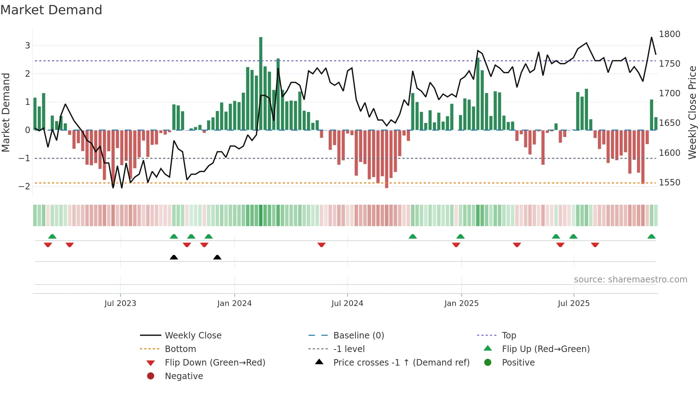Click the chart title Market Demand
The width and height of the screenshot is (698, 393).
click(51, 10)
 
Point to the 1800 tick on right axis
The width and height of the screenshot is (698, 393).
click(669, 34)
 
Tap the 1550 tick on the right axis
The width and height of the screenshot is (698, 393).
click(669, 183)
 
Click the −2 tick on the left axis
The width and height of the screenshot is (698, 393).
click(25, 186)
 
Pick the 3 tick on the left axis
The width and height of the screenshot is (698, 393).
click(27, 46)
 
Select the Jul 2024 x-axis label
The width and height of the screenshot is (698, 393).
click(347, 303)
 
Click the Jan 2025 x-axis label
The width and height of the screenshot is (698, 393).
click(461, 303)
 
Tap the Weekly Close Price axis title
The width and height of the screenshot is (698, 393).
click(692, 112)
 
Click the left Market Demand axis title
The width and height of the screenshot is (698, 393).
click(6, 112)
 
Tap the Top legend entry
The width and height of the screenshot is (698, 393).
click(509, 336)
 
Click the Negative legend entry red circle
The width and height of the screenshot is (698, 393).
click(151, 376)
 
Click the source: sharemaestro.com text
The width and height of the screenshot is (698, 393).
click(630, 280)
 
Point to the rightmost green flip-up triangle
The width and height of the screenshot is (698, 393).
click(651, 236)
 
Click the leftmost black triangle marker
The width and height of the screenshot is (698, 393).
click(174, 257)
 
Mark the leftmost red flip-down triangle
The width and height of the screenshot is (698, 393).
click(48, 245)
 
